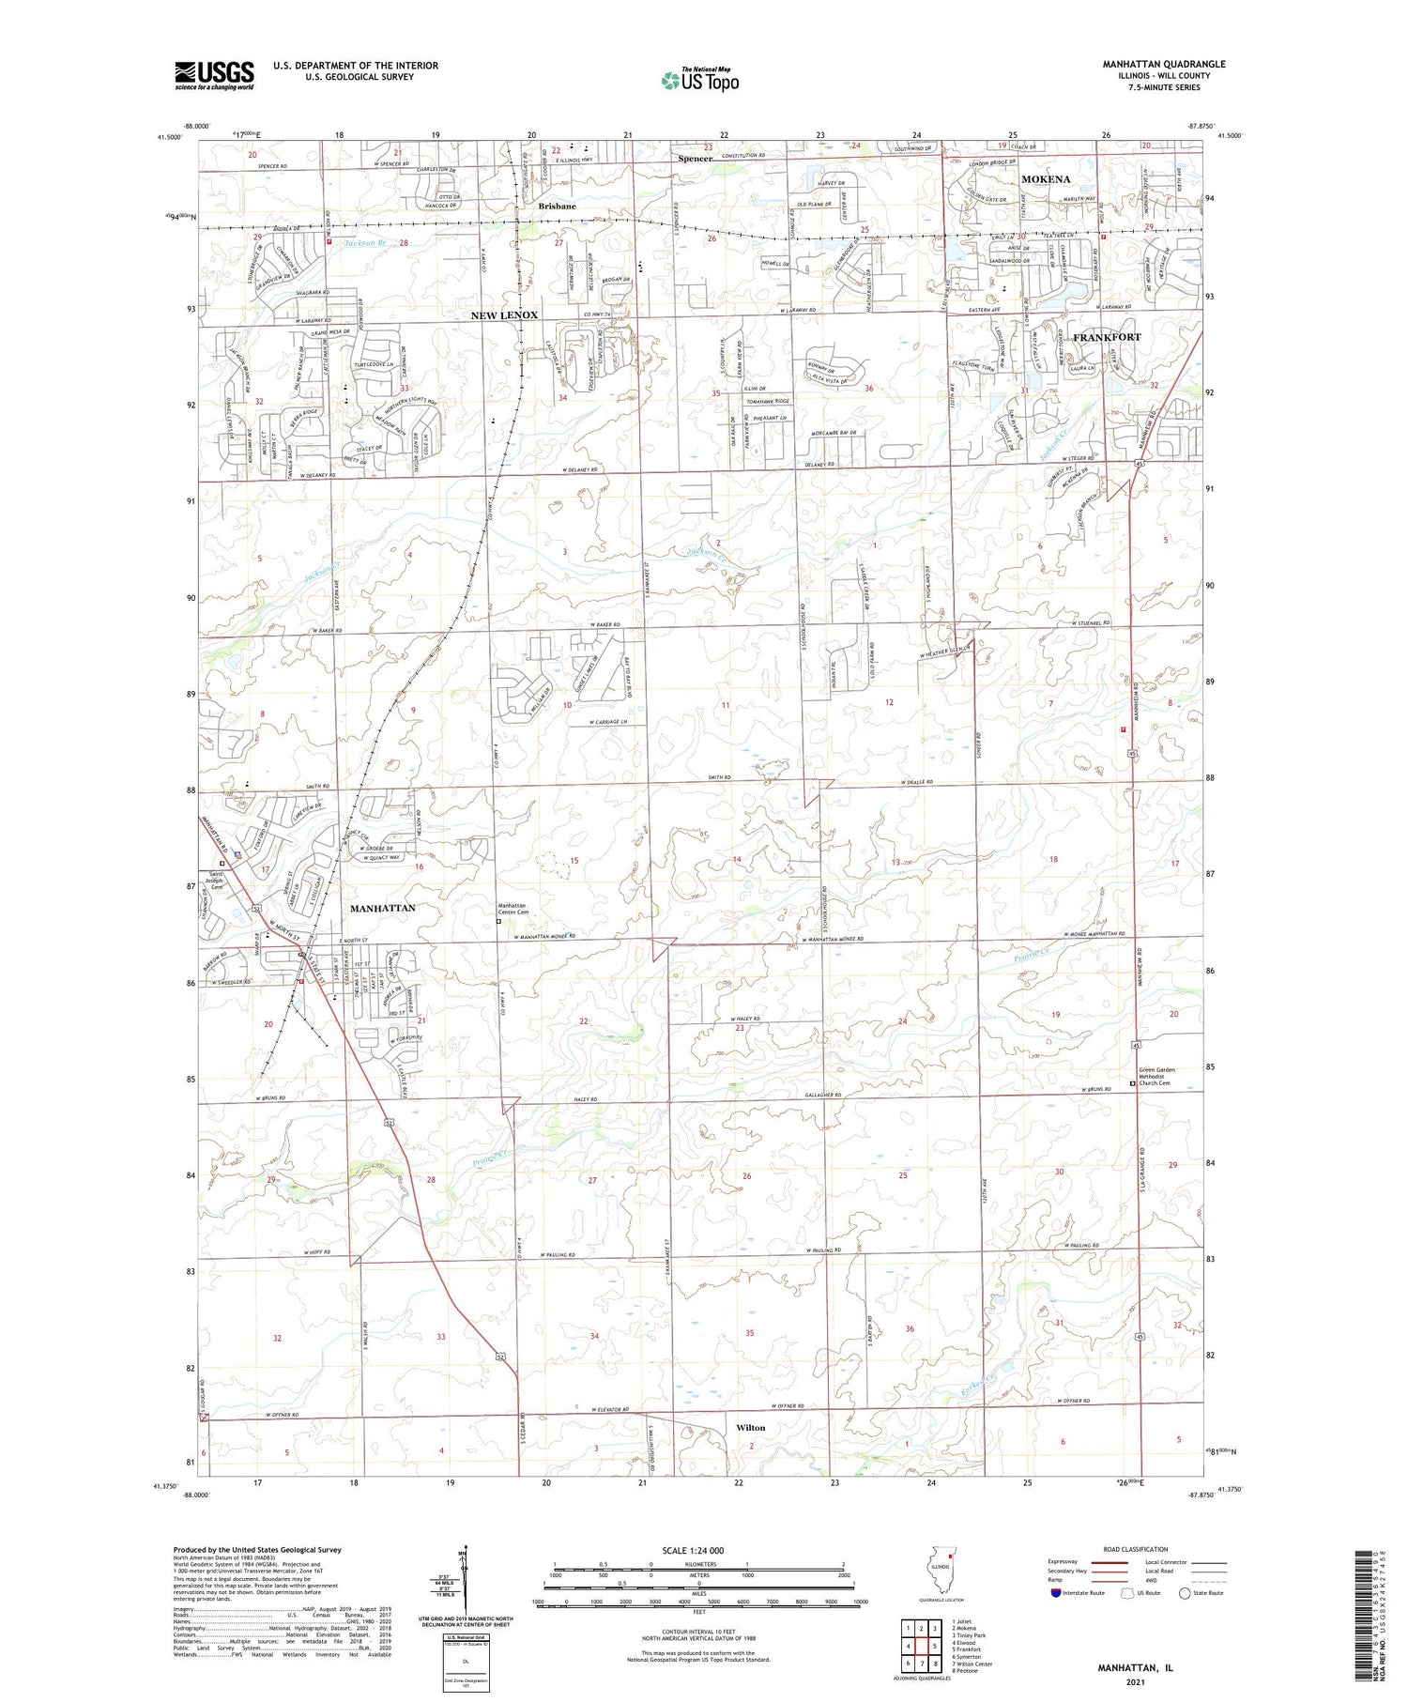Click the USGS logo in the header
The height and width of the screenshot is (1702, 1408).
(x=214, y=75)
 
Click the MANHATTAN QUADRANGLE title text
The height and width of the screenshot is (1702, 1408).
(x=1151, y=64)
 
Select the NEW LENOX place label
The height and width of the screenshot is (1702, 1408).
(x=504, y=315)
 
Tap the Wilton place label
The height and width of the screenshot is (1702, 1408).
(x=750, y=1428)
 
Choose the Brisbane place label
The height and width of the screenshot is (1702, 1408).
(x=557, y=206)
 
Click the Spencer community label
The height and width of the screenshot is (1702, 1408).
(x=696, y=159)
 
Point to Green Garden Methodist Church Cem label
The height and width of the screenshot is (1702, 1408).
(x=1155, y=1076)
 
